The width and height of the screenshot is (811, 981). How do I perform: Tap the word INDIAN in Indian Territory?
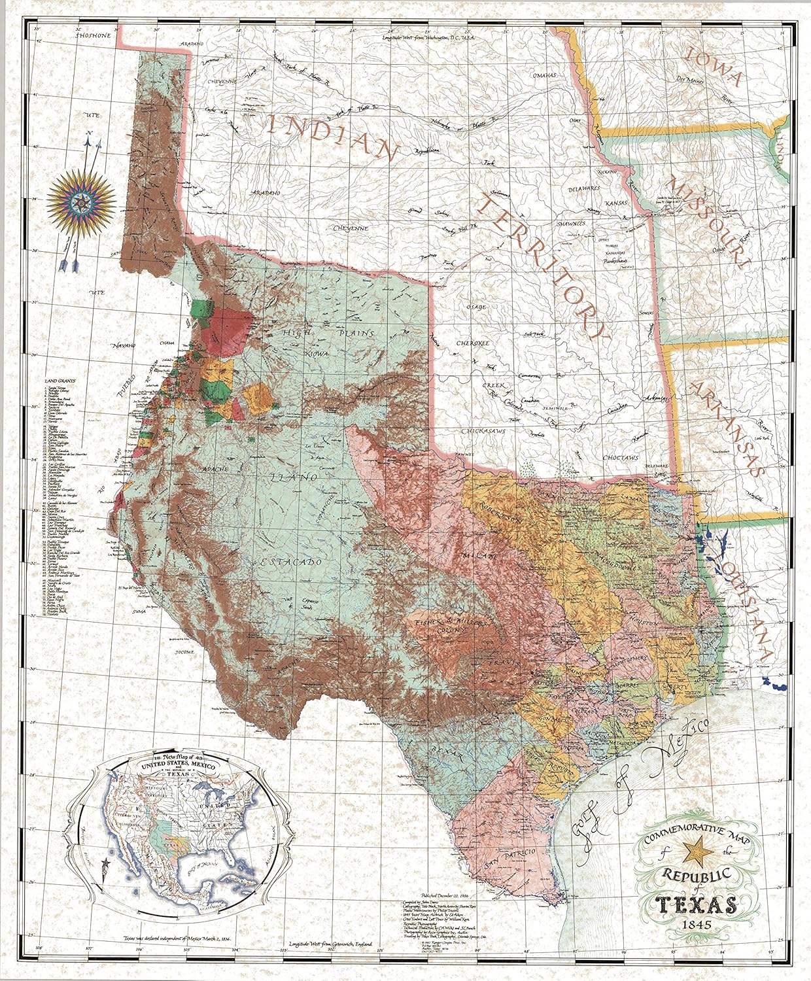pyautogui.click(x=333, y=138)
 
